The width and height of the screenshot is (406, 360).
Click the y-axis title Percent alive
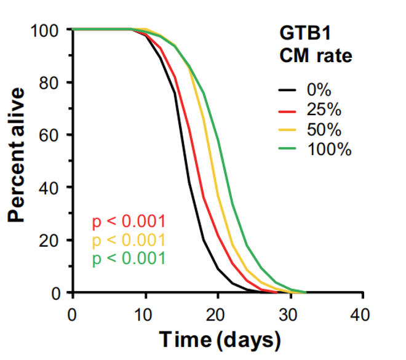pos(18,154)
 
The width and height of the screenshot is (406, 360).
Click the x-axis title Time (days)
pos(220,338)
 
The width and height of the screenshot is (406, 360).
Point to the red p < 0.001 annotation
pos(129,222)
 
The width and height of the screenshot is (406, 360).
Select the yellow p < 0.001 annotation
pos(129,240)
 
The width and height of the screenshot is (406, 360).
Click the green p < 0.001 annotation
pos(129,258)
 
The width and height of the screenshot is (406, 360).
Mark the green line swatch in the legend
pos(287,148)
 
